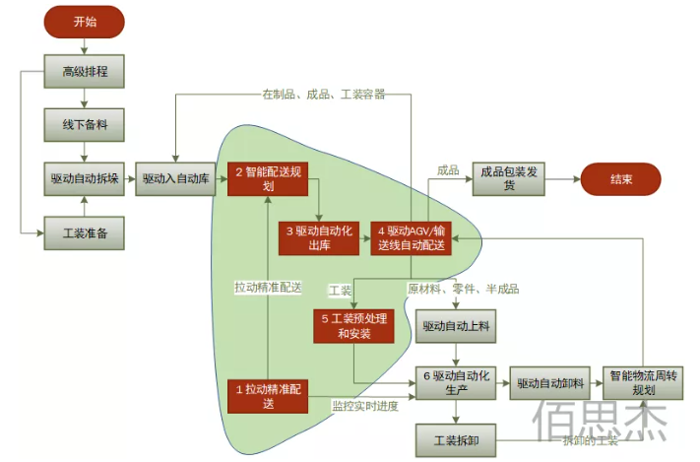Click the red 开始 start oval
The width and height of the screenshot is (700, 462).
[85, 21]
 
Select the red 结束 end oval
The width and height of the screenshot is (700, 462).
[620, 179]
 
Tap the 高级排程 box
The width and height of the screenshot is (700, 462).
[85, 71]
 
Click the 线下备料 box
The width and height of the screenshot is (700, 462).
[85, 125]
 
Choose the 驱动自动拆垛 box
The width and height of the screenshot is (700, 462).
[85, 179]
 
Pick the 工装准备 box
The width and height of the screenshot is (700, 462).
[85, 233]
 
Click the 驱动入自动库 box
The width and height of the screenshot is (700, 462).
[175, 179]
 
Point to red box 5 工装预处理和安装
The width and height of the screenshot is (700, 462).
[354, 326]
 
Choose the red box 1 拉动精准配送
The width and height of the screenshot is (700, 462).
[268, 394]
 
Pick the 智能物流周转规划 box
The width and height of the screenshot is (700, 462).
[644, 382]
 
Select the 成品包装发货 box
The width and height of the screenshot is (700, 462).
[510, 179]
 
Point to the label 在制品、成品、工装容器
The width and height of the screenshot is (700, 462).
[323, 95]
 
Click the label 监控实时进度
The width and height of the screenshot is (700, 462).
[365, 405]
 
